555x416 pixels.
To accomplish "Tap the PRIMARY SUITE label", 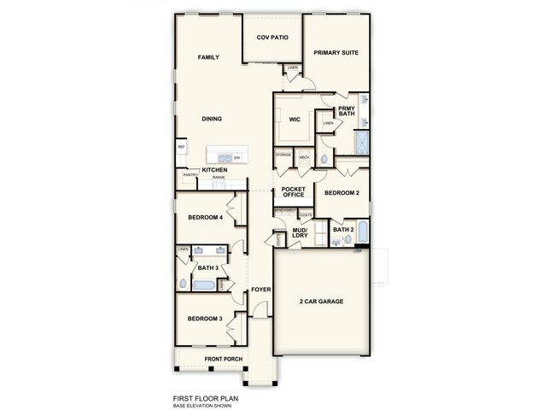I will click(336, 53).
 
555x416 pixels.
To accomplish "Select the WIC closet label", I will click(295, 120).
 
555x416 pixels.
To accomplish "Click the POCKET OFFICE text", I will click(293, 192).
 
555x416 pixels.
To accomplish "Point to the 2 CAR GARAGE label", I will click(323, 302).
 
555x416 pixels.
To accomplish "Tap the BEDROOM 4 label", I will click(206, 218).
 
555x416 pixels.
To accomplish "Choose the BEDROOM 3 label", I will click(206, 319).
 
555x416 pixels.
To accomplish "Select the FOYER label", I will click(260, 290).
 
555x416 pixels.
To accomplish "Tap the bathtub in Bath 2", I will click(362, 232).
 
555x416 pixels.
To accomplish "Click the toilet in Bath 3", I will click(182, 284).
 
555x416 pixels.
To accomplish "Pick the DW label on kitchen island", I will click(237, 158).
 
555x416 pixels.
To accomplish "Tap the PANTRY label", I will click(189, 175).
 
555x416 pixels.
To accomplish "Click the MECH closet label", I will click(303, 158).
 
